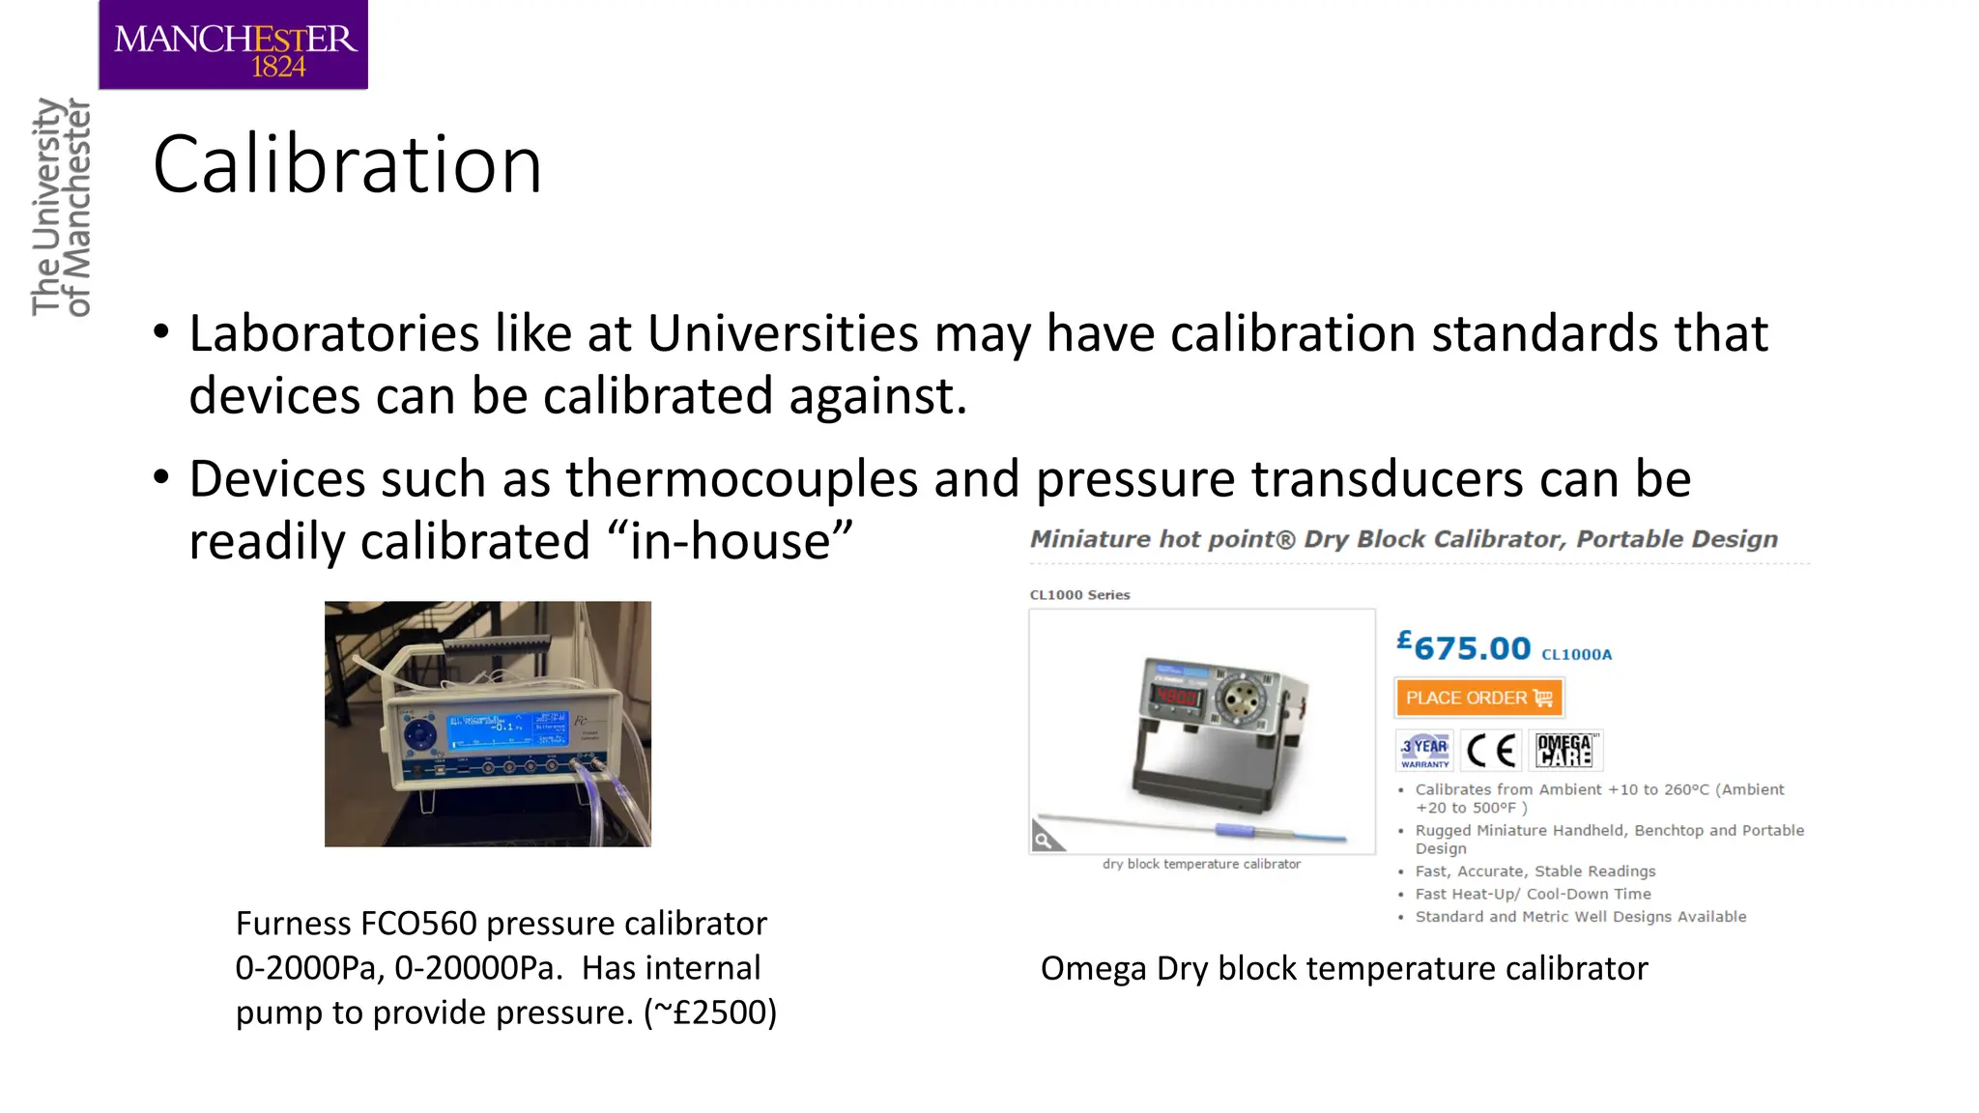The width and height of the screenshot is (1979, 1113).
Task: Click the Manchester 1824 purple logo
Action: [x=233, y=45]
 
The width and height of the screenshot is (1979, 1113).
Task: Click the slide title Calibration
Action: [x=347, y=165]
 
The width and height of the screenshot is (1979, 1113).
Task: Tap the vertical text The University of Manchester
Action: [x=60, y=207]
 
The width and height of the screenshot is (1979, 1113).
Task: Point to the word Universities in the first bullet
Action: [x=783, y=334]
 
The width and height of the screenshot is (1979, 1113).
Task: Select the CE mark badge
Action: [x=1491, y=750]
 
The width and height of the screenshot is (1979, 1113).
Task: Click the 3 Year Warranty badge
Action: [x=1425, y=750]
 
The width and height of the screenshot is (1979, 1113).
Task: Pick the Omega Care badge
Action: [x=1564, y=750]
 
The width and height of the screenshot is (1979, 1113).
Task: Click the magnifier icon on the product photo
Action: [x=1045, y=839]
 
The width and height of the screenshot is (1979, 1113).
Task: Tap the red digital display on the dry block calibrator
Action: [x=1178, y=697]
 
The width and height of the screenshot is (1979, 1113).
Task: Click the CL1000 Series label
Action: [x=1079, y=595]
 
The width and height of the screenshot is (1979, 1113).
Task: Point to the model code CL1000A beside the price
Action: [x=1576, y=654]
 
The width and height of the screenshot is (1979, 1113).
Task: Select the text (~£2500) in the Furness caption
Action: [x=710, y=1013]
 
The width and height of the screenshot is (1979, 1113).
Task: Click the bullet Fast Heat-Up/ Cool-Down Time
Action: [x=1533, y=894]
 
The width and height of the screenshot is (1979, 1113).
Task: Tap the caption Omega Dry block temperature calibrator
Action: [x=1343, y=968]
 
